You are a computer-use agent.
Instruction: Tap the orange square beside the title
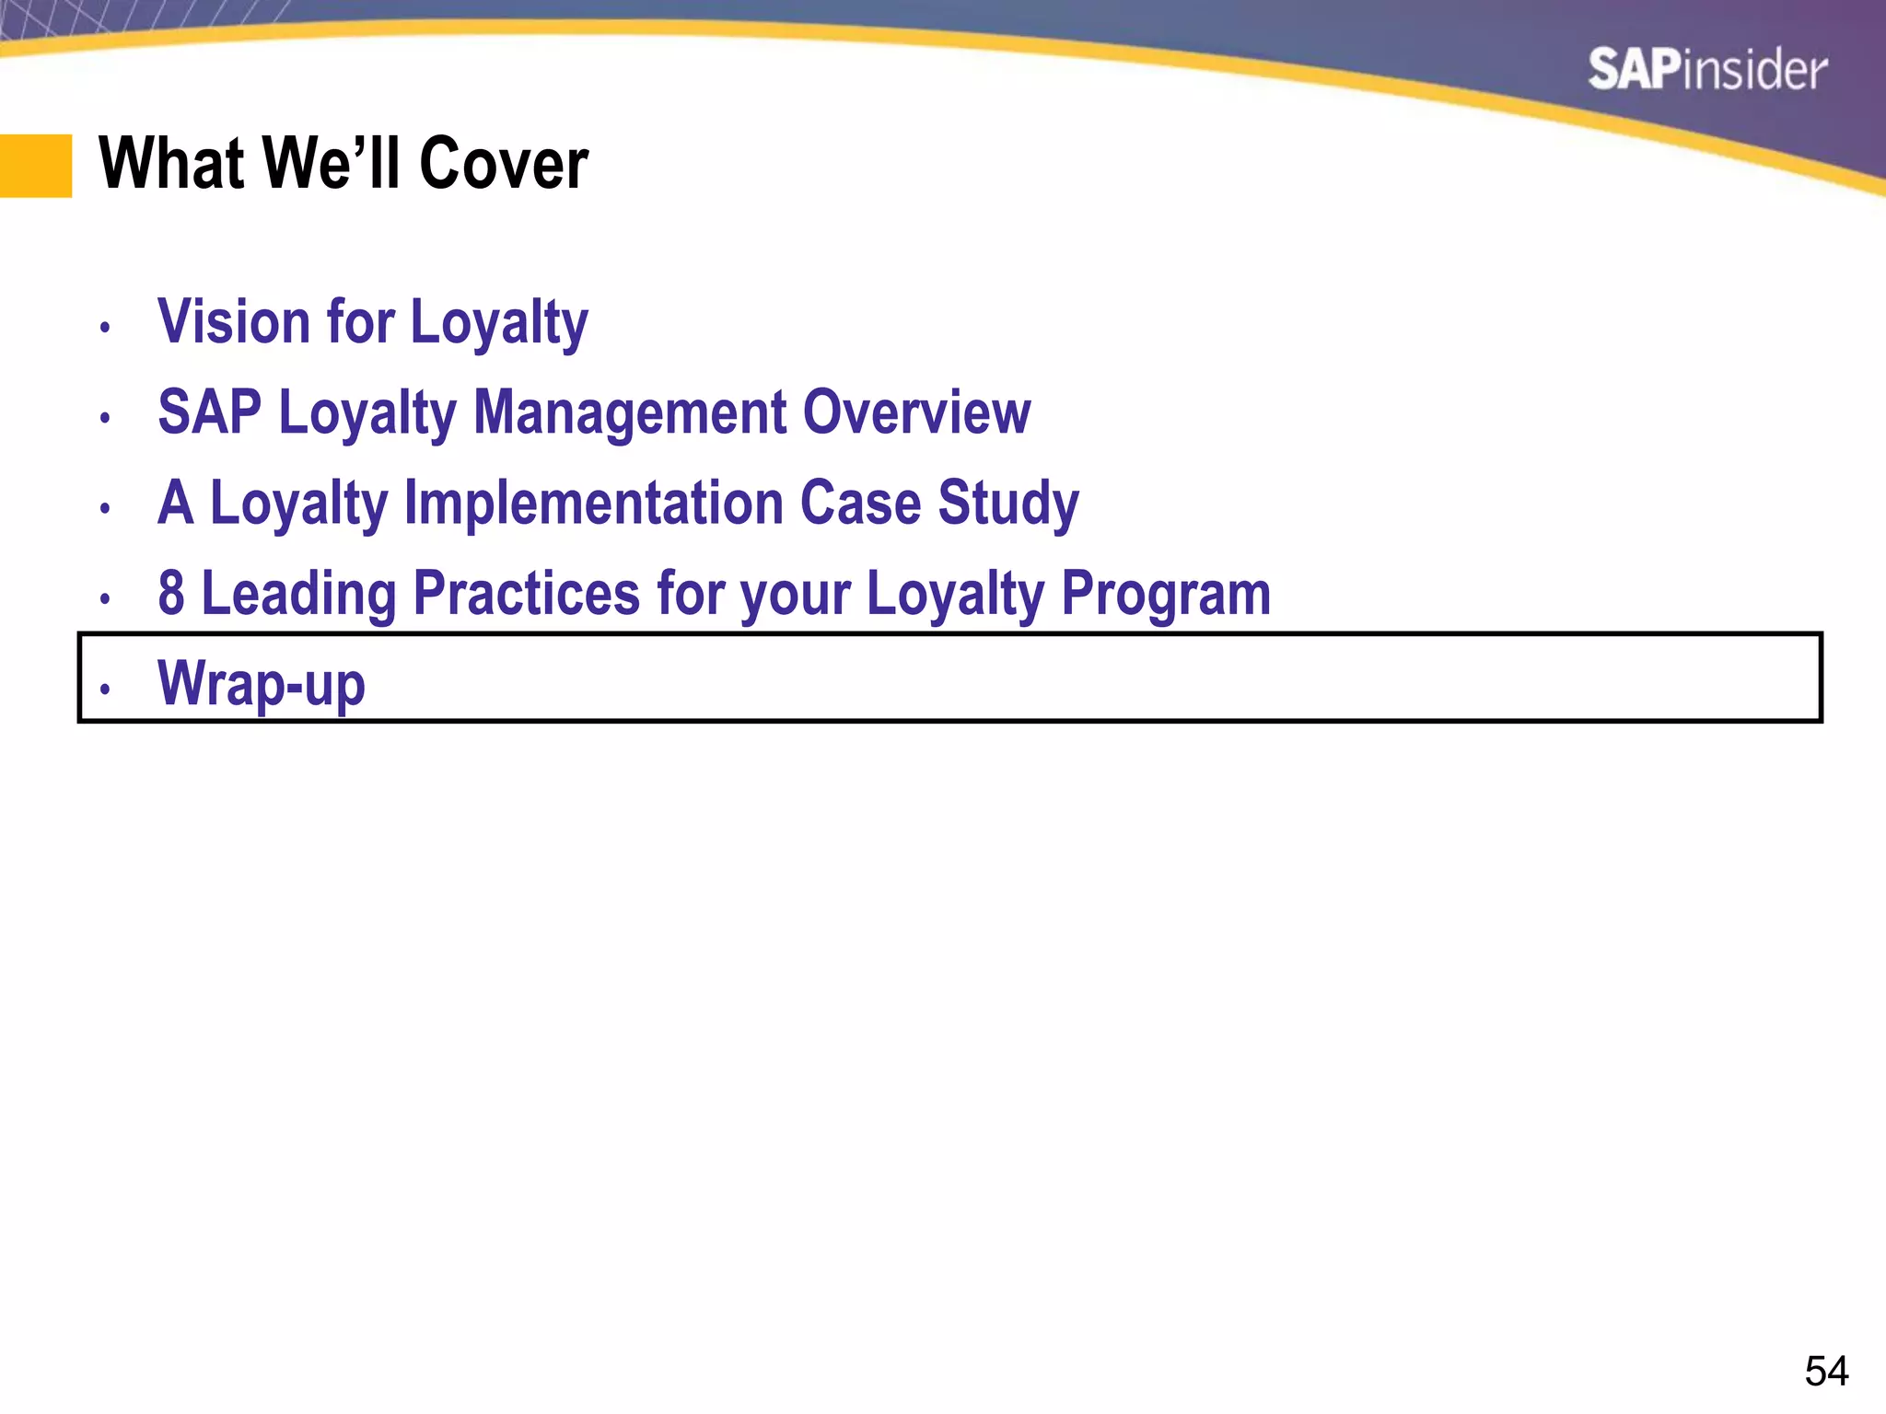click(36, 166)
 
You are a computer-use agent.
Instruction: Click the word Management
click(629, 412)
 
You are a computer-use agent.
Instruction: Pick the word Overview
click(916, 412)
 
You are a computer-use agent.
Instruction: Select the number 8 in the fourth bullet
click(171, 593)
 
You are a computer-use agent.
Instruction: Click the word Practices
click(526, 593)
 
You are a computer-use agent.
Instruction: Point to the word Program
click(1166, 593)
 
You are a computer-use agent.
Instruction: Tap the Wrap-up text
click(262, 684)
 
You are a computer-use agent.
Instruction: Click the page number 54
click(1825, 1371)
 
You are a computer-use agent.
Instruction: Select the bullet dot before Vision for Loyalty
click(106, 327)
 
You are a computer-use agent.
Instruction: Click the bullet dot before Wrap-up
click(106, 689)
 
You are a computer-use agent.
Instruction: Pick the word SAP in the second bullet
click(209, 412)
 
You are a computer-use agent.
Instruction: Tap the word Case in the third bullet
click(860, 503)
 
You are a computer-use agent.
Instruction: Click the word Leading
click(298, 593)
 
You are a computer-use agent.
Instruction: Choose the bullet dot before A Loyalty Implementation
click(106, 507)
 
